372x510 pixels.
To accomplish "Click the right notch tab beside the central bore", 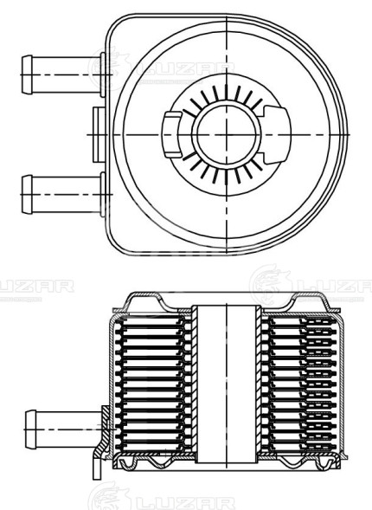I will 276,125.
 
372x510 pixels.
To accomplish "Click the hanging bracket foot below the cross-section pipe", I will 90,467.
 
